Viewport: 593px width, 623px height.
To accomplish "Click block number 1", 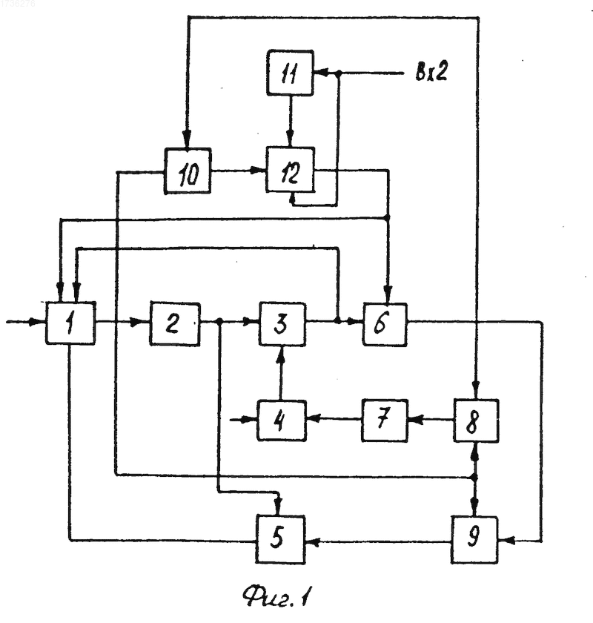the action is (x=70, y=323).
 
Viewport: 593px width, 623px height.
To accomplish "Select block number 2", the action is (x=175, y=323).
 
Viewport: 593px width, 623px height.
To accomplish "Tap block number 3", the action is (x=282, y=323).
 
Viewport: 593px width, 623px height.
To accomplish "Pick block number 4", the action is (x=282, y=421).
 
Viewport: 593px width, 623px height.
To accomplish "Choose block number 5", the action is (x=280, y=539).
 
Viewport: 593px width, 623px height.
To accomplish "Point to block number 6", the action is (x=385, y=324).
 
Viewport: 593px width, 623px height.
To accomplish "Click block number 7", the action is (x=385, y=421).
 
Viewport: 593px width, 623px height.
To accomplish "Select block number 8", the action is (x=476, y=421).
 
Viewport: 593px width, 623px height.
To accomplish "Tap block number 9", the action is (x=474, y=540).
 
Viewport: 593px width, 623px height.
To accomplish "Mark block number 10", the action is (x=188, y=171).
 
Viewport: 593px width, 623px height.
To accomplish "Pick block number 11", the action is (x=291, y=73).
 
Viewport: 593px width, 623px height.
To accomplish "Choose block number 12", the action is (x=291, y=170).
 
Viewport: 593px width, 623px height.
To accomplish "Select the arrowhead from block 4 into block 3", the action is (x=281, y=352).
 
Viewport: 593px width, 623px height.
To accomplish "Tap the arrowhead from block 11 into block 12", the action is (x=291, y=140).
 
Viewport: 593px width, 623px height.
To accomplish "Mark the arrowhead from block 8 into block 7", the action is (x=415, y=420).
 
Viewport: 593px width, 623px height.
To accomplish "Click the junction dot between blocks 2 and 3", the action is (x=219, y=321).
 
